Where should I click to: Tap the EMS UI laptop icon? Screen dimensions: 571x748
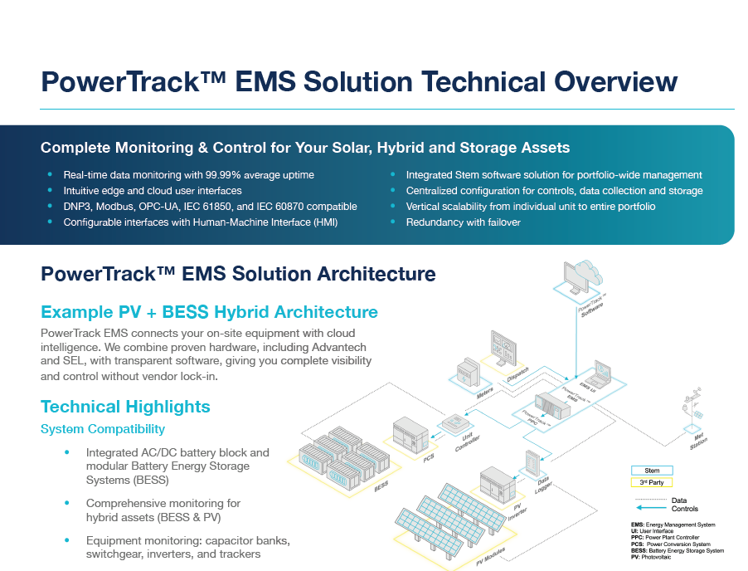599,374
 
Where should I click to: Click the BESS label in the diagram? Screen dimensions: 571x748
382,486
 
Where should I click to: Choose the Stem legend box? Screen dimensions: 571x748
652,471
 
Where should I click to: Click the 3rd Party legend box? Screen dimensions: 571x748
652,482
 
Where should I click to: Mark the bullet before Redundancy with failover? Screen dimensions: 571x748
393,222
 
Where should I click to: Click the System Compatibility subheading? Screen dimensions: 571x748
103,429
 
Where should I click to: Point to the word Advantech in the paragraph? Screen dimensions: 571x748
336,347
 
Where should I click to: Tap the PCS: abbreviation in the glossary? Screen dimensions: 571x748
640,544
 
